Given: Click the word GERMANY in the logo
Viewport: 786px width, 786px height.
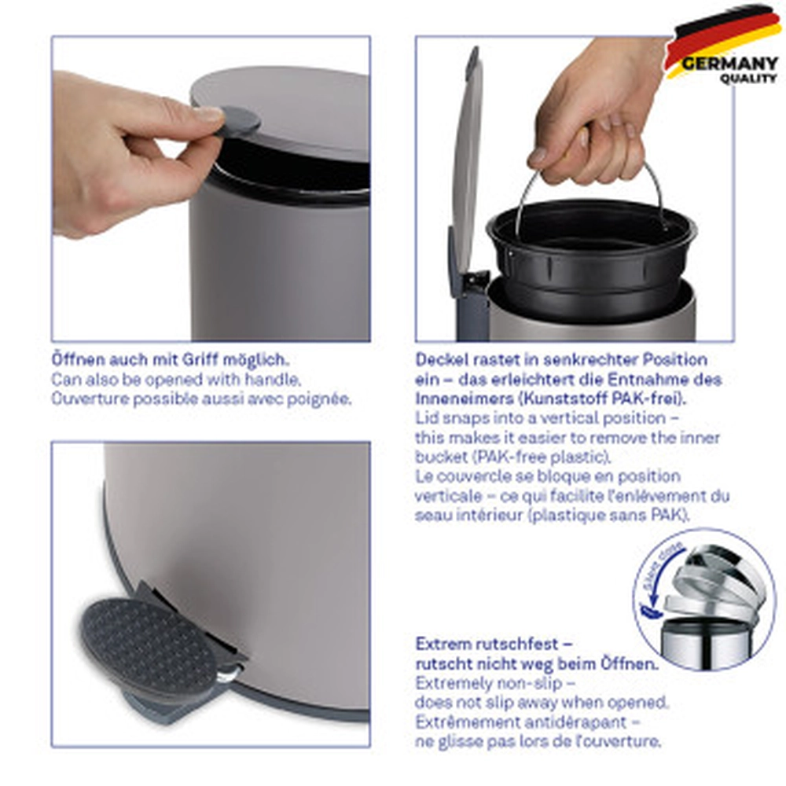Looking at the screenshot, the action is point(729,64).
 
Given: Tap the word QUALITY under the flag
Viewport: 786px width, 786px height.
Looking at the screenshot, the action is point(748,79).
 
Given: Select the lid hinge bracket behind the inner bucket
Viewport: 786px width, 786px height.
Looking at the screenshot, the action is point(474,288).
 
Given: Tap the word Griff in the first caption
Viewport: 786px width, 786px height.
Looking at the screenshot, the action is point(200,360).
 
